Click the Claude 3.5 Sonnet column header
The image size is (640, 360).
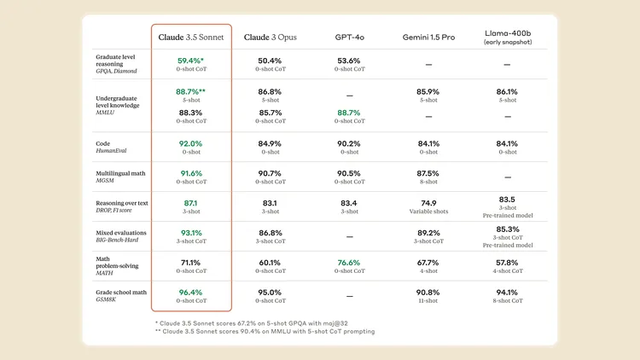click(x=192, y=38)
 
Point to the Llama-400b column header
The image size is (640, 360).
click(x=507, y=38)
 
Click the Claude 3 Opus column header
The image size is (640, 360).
click(x=270, y=38)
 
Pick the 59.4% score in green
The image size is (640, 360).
click(x=190, y=61)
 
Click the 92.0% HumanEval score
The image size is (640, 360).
click(x=190, y=143)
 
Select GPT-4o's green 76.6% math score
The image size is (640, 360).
click(x=348, y=263)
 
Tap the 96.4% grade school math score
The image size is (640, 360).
click(x=190, y=293)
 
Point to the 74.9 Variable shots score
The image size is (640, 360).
click(x=428, y=203)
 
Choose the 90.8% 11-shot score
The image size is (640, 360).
click(x=428, y=293)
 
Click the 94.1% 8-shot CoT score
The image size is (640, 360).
click(x=507, y=293)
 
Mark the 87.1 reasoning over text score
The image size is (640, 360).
click(x=190, y=203)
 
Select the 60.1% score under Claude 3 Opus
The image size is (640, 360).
click(x=270, y=263)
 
